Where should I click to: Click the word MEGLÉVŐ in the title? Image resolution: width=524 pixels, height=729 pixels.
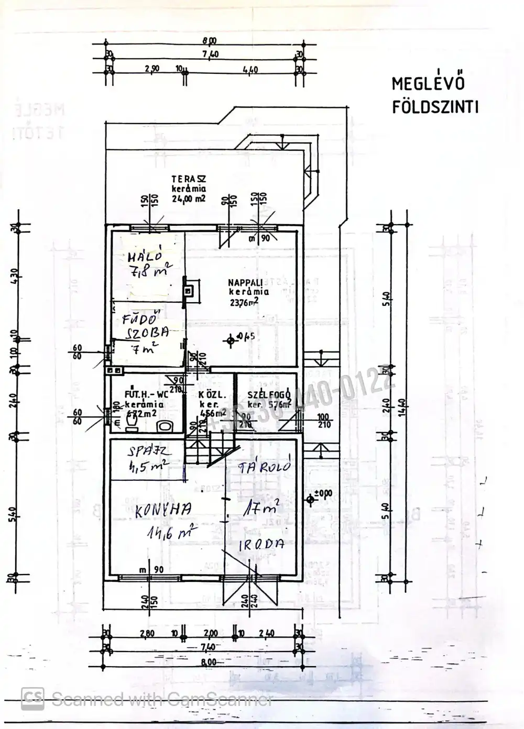[428, 84]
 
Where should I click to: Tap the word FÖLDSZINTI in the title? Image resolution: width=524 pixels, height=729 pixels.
[435, 107]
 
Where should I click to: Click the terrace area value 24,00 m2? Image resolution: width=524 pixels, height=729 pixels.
[189, 198]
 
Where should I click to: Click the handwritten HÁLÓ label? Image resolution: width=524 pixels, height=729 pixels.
[143, 257]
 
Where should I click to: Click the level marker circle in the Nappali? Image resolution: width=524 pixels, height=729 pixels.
[230, 340]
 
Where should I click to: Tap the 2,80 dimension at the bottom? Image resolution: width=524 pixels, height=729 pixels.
[148, 633]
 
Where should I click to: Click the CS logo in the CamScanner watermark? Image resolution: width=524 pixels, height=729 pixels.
[32, 698]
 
